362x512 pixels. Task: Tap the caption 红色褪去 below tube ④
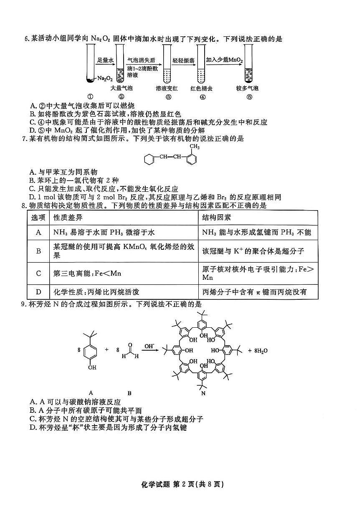(201, 88)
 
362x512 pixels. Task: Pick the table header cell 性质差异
(65, 218)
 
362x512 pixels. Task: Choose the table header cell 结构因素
(216, 218)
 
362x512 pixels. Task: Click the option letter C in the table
(39, 274)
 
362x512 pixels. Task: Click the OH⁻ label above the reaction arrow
(149, 346)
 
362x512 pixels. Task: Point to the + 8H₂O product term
(258, 351)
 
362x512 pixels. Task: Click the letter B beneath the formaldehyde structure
(129, 393)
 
